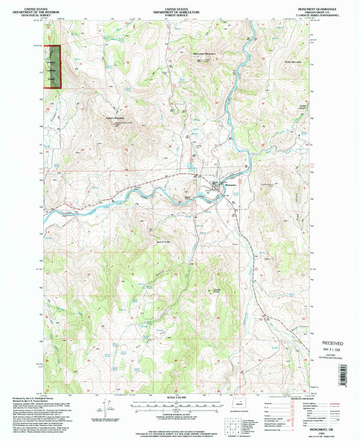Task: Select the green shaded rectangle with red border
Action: click(52, 66)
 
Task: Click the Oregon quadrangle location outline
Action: click(262, 409)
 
